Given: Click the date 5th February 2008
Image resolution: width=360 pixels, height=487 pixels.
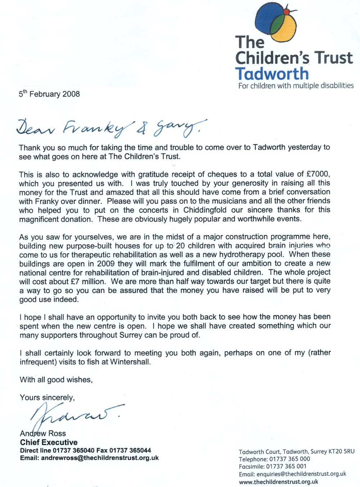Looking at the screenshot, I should (49, 94).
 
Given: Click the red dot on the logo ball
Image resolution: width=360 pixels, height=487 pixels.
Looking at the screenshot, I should (286, 12).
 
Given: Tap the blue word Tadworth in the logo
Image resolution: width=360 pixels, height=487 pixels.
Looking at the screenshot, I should (272, 73).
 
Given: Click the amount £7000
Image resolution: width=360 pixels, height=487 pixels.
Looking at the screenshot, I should (318, 174).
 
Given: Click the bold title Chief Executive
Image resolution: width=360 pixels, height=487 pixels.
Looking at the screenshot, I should (49, 442).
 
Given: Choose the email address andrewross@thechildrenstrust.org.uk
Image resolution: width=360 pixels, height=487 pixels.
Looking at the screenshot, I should (100, 458).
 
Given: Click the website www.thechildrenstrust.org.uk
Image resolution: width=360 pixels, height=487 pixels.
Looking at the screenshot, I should (278, 482).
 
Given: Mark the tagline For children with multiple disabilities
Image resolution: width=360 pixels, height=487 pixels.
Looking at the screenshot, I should (296, 86).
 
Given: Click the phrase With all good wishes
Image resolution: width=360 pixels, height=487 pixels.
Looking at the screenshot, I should (56, 379).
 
